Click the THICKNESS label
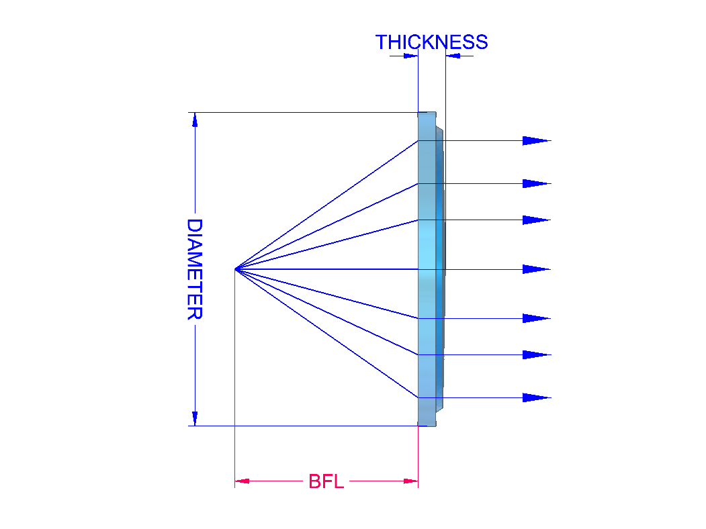pyautogui.click(x=431, y=42)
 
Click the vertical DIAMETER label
pyautogui.click(x=195, y=269)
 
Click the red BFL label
pyautogui.click(x=326, y=481)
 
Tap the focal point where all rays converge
pyautogui.click(x=235, y=269)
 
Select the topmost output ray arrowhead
pyautogui.click(x=535, y=141)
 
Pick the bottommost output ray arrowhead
pyautogui.click(x=535, y=398)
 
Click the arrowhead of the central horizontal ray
pyautogui.click(x=535, y=269)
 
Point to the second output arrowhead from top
pyautogui.click(x=535, y=184)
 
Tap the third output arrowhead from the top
pyautogui.click(x=535, y=220)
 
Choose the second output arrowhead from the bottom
pyautogui.click(x=535, y=354)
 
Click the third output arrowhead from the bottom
pyautogui.click(x=535, y=318)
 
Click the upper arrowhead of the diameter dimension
pyautogui.click(x=195, y=119)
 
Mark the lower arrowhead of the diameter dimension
pyautogui.click(x=195, y=418)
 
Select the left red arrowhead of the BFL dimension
pyautogui.click(x=242, y=481)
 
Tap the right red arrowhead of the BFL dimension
pyautogui.click(x=410, y=481)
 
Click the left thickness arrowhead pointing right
pyautogui.click(x=410, y=56)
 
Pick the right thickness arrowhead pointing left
pyautogui.click(x=453, y=56)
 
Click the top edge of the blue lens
pyautogui.click(x=427, y=113)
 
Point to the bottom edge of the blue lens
pyautogui.click(x=427, y=424)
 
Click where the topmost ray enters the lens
pyautogui.click(x=418, y=141)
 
